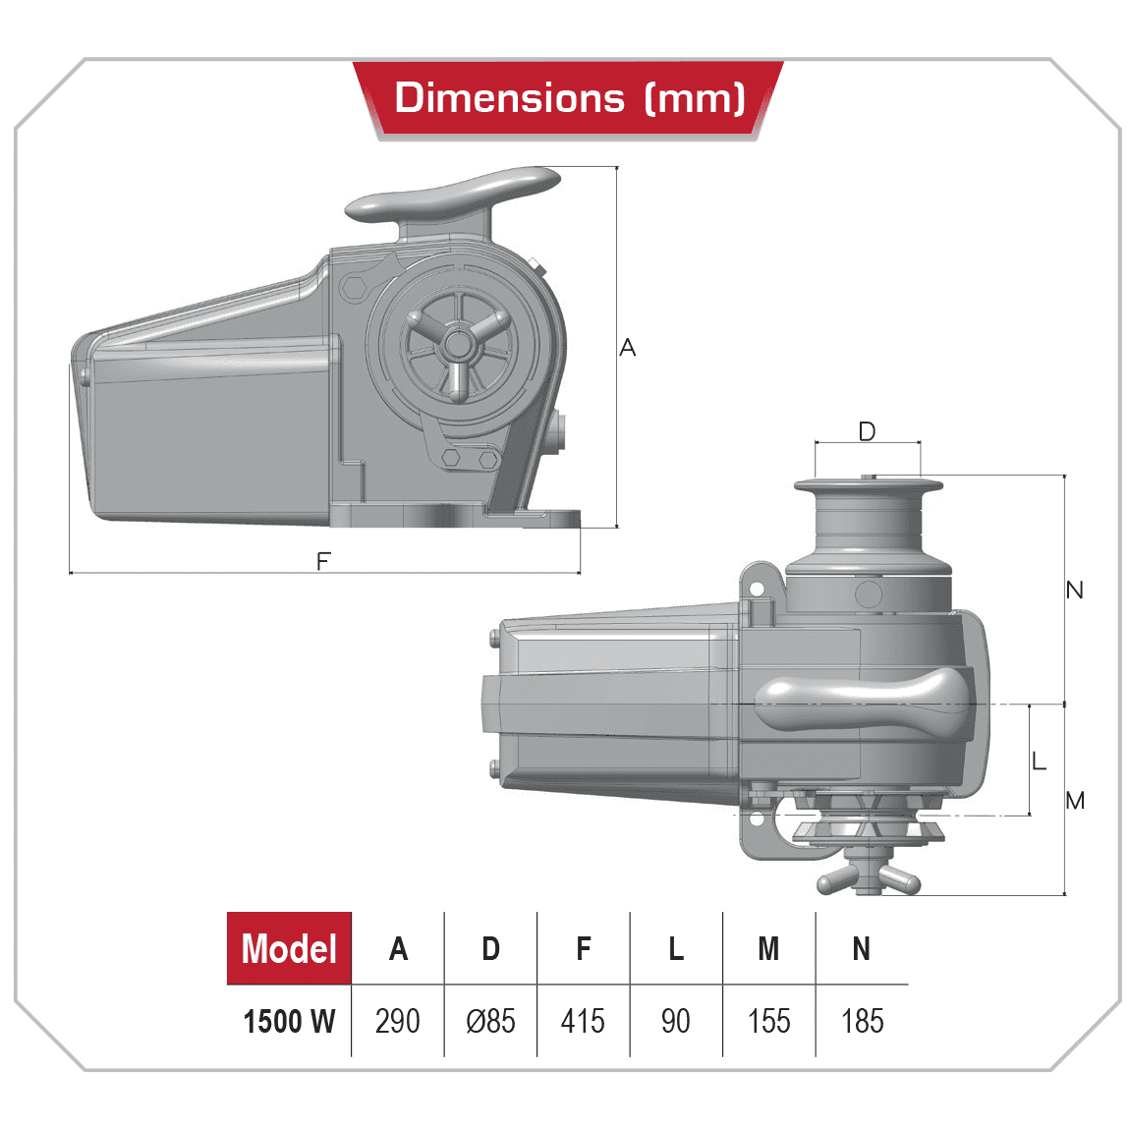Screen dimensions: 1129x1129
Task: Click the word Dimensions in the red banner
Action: click(x=509, y=98)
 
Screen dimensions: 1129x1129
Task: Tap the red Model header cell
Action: click(x=289, y=949)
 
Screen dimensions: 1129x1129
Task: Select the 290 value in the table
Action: click(x=397, y=1021)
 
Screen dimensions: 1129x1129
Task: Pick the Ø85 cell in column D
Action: click(x=490, y=1021)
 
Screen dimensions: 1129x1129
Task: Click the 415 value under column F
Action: click(x=583, y=1021)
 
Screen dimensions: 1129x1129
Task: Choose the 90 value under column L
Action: click(x=675, y=1021)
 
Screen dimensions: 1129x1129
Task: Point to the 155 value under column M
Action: click(x=768, y=1021)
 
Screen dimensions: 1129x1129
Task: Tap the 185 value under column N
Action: click(x=862, y=1021)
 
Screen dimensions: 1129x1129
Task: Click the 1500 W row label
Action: click(x=289, y=1021)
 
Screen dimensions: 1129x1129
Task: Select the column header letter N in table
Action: click(x=862, y=949)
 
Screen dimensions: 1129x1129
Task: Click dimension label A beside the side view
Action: click(x=628, y=348)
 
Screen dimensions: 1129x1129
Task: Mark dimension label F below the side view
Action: click(x=323, y=561)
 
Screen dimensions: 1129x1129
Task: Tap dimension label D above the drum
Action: click(x=867, y=431)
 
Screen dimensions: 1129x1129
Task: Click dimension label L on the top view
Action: click(x=1040, y=761)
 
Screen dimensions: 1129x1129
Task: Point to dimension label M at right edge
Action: click(x=1075, y=801)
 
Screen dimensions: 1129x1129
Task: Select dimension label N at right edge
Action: click(x=1074, y=590)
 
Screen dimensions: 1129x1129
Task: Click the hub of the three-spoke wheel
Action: click(x=457, y=344)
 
